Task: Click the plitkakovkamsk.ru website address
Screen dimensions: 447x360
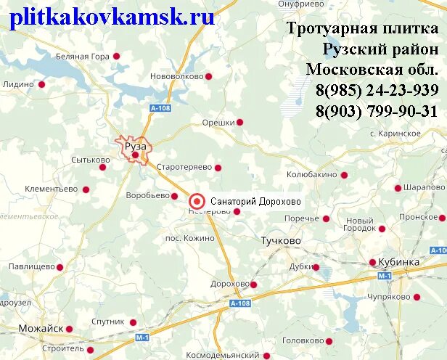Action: click(112, 17)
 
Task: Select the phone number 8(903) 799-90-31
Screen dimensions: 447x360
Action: click(376, 111)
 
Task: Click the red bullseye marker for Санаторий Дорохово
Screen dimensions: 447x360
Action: click(197, 201)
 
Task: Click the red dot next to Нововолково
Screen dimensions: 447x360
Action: click(208, 75)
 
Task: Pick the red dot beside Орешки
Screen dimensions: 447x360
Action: click(239, 122)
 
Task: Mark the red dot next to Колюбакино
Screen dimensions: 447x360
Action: click(344, 175)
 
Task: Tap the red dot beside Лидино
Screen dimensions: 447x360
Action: click(41, 84)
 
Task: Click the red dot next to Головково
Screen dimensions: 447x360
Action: click(329, 340)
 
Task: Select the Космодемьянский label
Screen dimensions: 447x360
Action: click(223, 355)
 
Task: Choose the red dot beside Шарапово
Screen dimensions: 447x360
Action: click(398, 188)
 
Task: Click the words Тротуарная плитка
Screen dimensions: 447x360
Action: click(361, 29)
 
